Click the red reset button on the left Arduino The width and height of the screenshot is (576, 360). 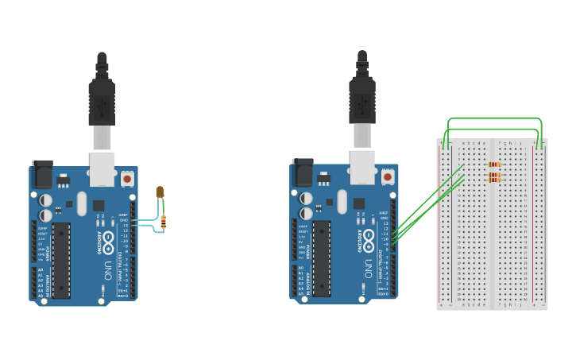point(127,179)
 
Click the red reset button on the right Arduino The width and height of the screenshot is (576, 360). point(388,176)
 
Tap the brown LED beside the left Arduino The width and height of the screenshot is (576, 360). point(160,192)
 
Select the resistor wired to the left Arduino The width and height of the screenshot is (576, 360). point(163,222)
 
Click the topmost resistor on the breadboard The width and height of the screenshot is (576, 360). point(493,165)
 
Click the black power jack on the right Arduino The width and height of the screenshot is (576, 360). point(303,172)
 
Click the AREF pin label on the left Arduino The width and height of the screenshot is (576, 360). point(123,215)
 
